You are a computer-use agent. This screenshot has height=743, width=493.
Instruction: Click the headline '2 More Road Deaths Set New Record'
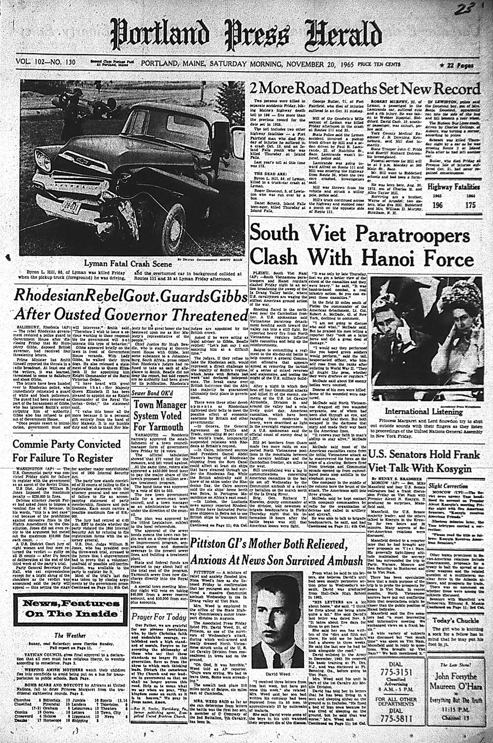365,89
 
